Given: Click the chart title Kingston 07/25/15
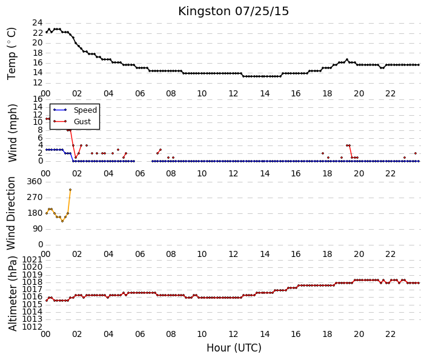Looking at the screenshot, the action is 233,12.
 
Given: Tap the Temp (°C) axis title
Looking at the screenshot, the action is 12,54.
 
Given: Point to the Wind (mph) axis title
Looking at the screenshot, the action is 13,133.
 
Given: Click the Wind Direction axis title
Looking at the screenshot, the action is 11,213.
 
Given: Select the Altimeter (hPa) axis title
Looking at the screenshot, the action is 13,293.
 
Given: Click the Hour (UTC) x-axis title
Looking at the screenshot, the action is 234,348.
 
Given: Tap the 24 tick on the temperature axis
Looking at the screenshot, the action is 38,22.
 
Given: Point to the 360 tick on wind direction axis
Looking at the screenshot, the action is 35,182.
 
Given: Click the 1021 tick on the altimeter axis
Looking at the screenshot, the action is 32,259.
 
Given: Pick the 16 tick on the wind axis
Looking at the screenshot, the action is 38,99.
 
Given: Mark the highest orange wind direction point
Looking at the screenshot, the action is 70,190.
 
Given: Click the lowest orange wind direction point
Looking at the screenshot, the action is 62,221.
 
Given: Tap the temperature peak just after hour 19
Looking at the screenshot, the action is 347,59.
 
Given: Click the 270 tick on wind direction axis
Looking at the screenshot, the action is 35,198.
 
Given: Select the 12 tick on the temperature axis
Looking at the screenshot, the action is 38,82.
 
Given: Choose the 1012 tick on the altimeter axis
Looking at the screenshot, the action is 32,327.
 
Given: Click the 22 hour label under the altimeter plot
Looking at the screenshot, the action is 390,334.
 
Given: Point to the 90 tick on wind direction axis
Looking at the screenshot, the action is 38,229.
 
